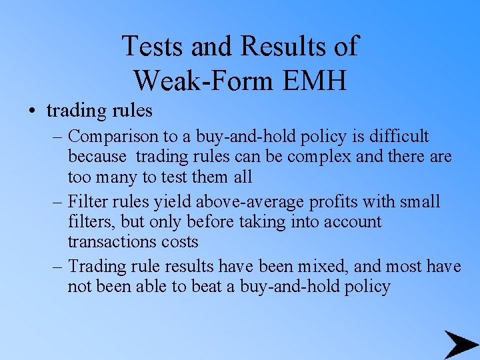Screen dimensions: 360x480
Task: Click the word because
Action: (x=97, y=157)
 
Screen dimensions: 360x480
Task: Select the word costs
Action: (x=179, y=241)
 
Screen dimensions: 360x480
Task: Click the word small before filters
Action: (x=420, y=201)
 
